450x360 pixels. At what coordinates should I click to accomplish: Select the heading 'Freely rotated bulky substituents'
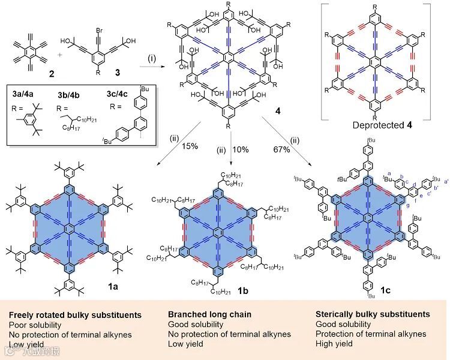(75, 314)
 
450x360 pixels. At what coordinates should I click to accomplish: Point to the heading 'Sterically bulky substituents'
(373, 314)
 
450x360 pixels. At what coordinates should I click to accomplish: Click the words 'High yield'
(335, 344)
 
